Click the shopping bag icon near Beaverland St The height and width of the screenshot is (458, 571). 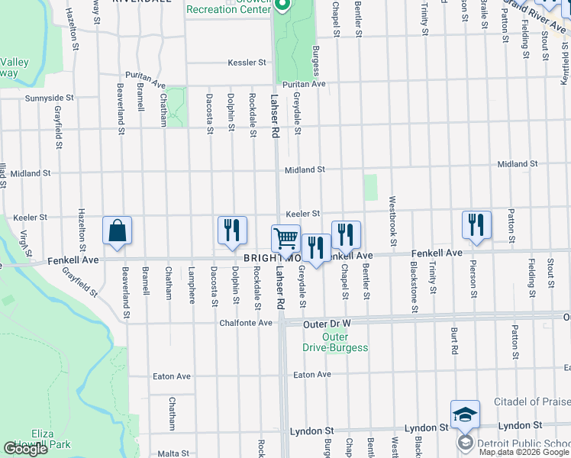[117, 231]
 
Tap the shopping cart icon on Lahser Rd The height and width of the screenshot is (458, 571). [286, 238]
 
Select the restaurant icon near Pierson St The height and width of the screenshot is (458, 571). [476, 224]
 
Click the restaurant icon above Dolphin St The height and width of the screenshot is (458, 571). [231, 231]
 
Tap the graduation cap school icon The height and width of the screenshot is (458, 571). [465, 414]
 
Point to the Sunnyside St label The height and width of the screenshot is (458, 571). [48, 98]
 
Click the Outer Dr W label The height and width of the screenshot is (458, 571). [326, 324]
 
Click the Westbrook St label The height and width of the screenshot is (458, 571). [392, 221]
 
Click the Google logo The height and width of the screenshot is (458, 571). [26, 449]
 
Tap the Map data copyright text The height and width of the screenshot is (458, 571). [524, 452]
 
